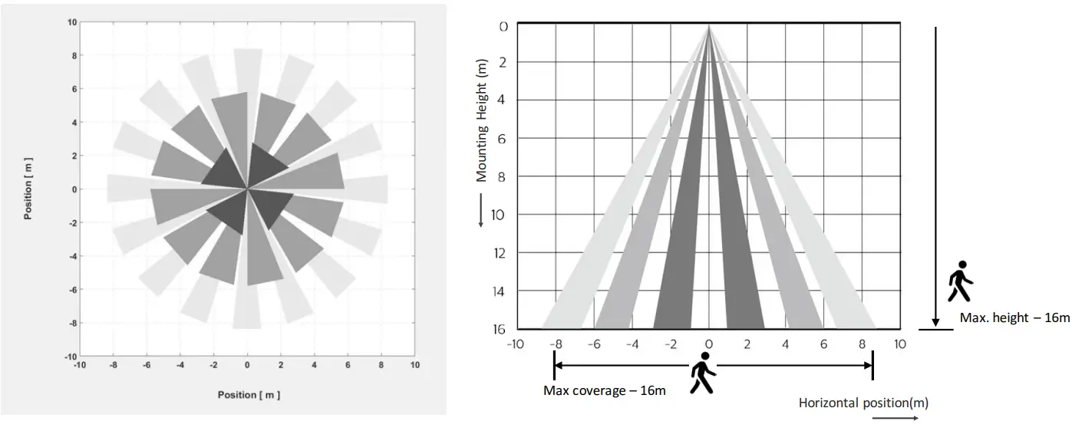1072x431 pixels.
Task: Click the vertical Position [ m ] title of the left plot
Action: pyautogui.click(x=28, y=189)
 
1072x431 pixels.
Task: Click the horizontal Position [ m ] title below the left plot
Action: pyautogui.click(x=248, y=395)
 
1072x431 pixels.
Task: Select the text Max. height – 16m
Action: pyautogui.click(x=1014, y=317)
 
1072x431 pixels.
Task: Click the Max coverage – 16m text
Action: pyautogui.click(x=604, y=390)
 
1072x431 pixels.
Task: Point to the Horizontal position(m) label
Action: pyautogui.click(x=863, y=403)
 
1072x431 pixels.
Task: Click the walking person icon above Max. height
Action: pyautogui.click(x=960, y=283)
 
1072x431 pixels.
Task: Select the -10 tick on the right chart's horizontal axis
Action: pyautogui.click(x=516, y=344)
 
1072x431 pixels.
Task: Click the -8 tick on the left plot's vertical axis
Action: pyautogui.click(x=71, y=323)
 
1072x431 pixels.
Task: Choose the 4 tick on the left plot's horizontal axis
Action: pyautogui.click(x=314, y=365)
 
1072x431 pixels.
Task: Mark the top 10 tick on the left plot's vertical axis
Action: pyautogui.click(x=71, y=22)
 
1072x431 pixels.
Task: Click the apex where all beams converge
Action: pyautogui.click(x=708, y=25)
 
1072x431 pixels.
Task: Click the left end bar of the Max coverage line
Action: pyautogui.click(x=554, y=367)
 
